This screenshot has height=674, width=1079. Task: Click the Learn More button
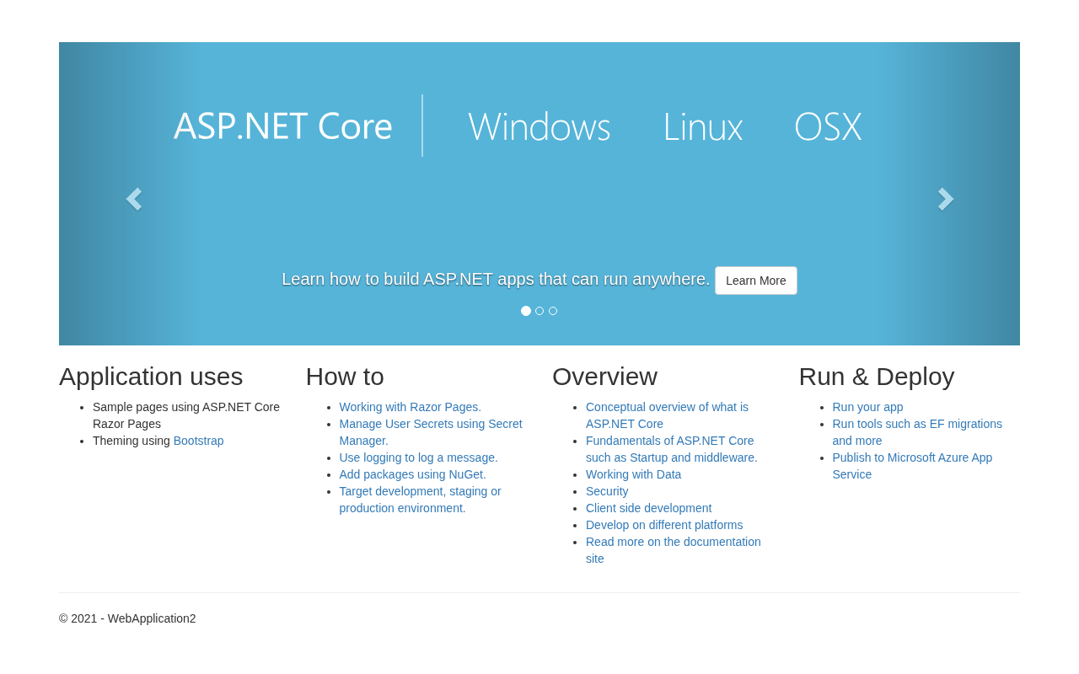(755, 281)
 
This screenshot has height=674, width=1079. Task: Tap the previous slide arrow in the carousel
(134, 199)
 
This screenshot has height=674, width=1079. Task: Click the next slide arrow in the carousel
(946, 199)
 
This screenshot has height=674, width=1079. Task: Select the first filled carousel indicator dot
(526, 311)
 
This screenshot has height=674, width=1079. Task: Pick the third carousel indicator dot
(553, 311)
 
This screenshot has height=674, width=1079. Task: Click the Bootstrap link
(198, 441)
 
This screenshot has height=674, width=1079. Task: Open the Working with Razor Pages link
(410, 407)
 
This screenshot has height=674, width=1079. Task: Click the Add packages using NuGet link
(412, 474)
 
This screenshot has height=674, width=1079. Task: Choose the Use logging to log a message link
(418, 457)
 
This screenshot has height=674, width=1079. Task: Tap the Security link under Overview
(607, 491)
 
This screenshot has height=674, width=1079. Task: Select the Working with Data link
(633, 474)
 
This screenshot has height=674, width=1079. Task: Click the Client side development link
(648, 508)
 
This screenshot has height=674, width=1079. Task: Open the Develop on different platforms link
(664, 525)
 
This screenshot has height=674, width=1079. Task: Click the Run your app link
(867, 407)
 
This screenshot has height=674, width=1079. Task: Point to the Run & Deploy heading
(876, 377)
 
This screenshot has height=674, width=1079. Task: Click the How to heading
(345, 377)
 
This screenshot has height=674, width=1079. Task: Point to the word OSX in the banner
(828, 126)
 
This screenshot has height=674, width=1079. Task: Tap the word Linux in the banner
(702, 126)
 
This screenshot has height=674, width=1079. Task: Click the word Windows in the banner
(539, 126)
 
